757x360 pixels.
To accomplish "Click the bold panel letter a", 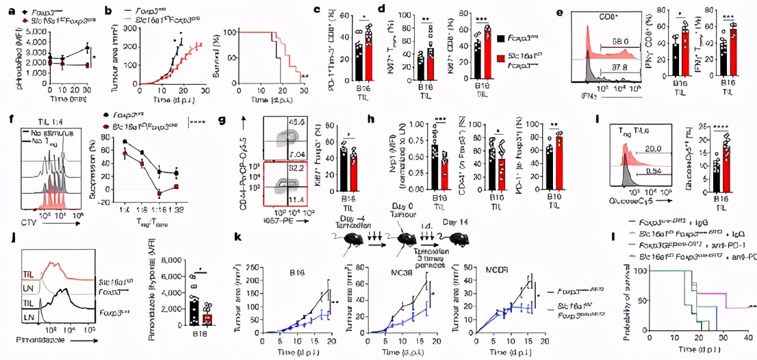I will [5, 10].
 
